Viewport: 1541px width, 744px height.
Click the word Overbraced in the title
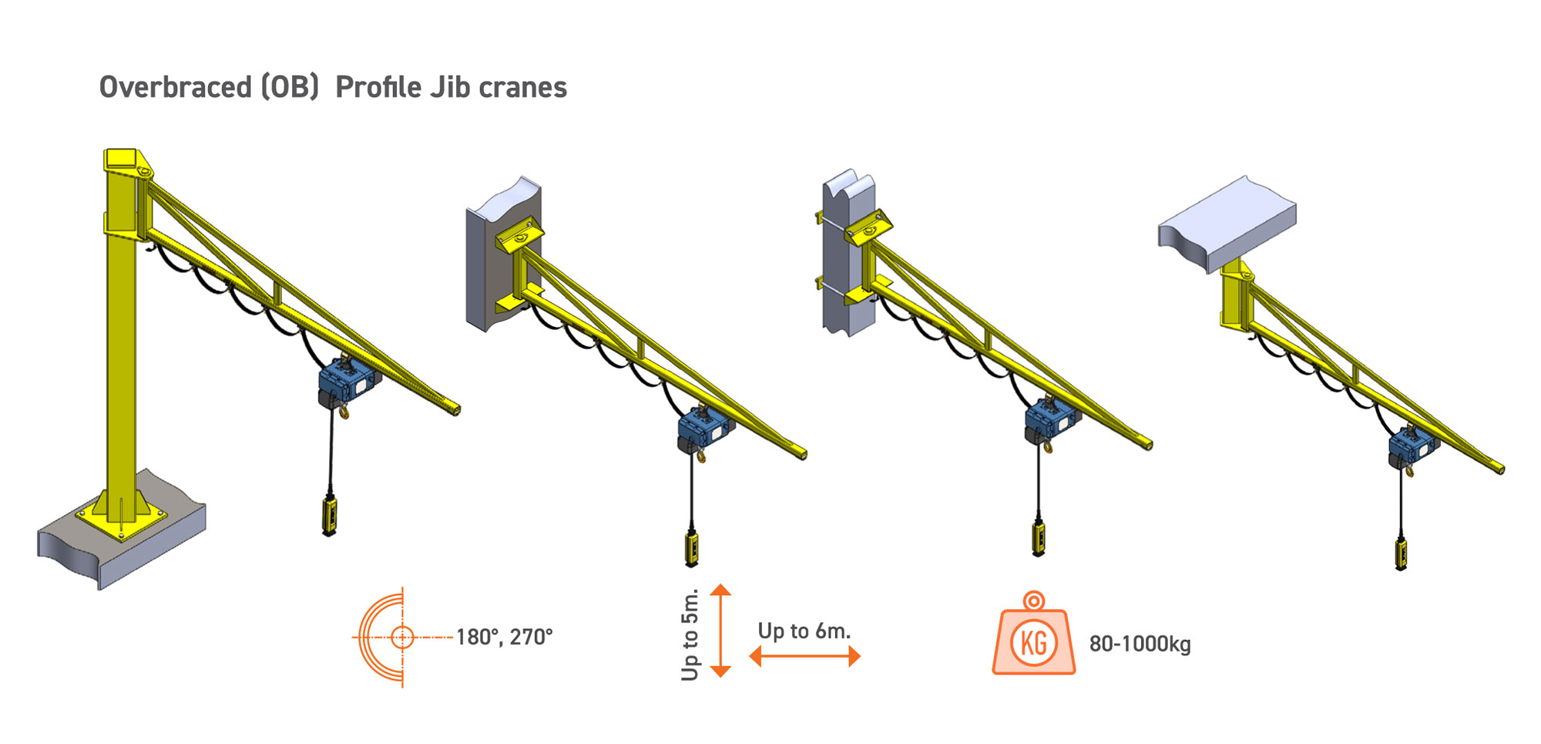tap(175, 87)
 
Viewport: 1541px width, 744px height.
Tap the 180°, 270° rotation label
tap(504, 638)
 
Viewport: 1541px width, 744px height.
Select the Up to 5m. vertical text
tap(690, 635)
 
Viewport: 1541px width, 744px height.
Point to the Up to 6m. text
tap(804, 631)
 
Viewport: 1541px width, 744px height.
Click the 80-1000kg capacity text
tap(1140, 644)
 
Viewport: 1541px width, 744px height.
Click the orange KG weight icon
tap(1033, 636)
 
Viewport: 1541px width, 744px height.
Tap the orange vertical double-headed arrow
tap(720, 631)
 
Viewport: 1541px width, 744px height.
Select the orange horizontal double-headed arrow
tap(804, 657)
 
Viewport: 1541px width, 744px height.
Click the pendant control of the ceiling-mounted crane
tap(1401, 554)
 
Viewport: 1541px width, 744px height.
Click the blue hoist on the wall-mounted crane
tap(704, 428)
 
